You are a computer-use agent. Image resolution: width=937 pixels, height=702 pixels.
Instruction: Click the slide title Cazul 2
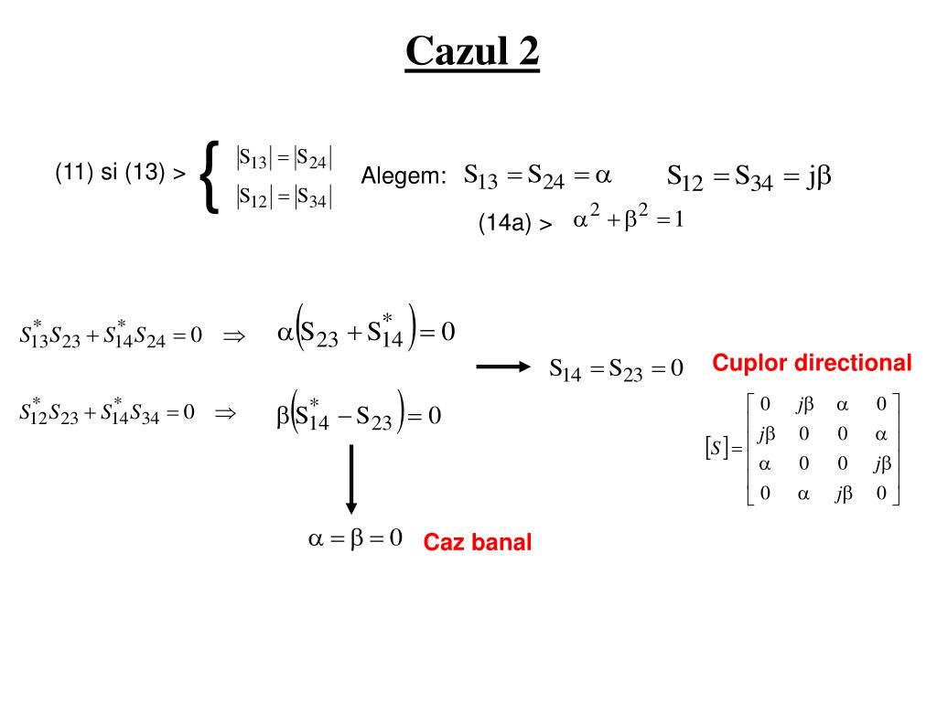[x=472, y=51]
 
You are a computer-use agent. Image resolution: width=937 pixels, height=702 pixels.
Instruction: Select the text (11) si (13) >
[x=120, y=172]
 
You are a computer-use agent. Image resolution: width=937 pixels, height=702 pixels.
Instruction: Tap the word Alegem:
[x=404, y=175]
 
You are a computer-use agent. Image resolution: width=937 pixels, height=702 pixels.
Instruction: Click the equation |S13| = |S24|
[x=284, y=157]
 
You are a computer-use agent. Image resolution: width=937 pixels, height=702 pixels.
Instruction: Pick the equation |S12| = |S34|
[x=284, y=197]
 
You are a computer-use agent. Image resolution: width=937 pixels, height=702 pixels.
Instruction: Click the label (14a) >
[x=515, y=223]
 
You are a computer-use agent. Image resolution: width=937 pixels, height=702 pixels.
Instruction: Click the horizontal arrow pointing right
[x=503, y=367]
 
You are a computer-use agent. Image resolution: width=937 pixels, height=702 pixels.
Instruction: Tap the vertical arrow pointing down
[x=350, y=480]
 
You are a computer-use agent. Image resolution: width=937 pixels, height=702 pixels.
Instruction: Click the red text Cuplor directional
[x=812, y=363]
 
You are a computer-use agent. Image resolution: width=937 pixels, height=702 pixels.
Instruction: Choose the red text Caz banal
[x=477, y=543]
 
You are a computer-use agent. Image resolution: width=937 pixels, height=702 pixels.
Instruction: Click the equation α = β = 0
[x=355, y=538]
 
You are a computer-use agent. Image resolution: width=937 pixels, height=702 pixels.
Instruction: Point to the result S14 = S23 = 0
[x=616, y=369]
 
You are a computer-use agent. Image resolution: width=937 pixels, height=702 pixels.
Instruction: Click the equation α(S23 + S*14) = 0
[x=365, y=331]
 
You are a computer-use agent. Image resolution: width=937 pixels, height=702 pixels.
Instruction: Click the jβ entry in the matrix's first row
[x=805, y=403]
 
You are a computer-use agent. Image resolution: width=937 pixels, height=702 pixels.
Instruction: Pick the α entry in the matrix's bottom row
[x=805, y=495]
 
